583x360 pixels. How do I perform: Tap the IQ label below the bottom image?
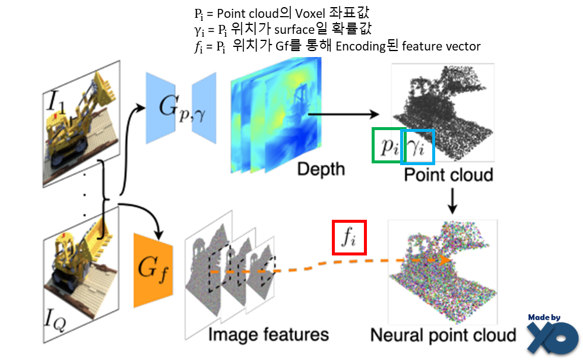click(x=58, y=323)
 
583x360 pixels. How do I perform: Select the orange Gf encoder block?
click(x=153, y=270)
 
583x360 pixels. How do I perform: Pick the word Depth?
click(x=321, y=169)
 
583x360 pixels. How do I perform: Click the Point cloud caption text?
click(x=448, y=175)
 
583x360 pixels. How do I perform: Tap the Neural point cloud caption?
click(x=443, y=334)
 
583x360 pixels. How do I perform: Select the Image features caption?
click(x=268, y=334)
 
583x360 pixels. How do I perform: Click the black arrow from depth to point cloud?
click(x=344, y=113)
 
